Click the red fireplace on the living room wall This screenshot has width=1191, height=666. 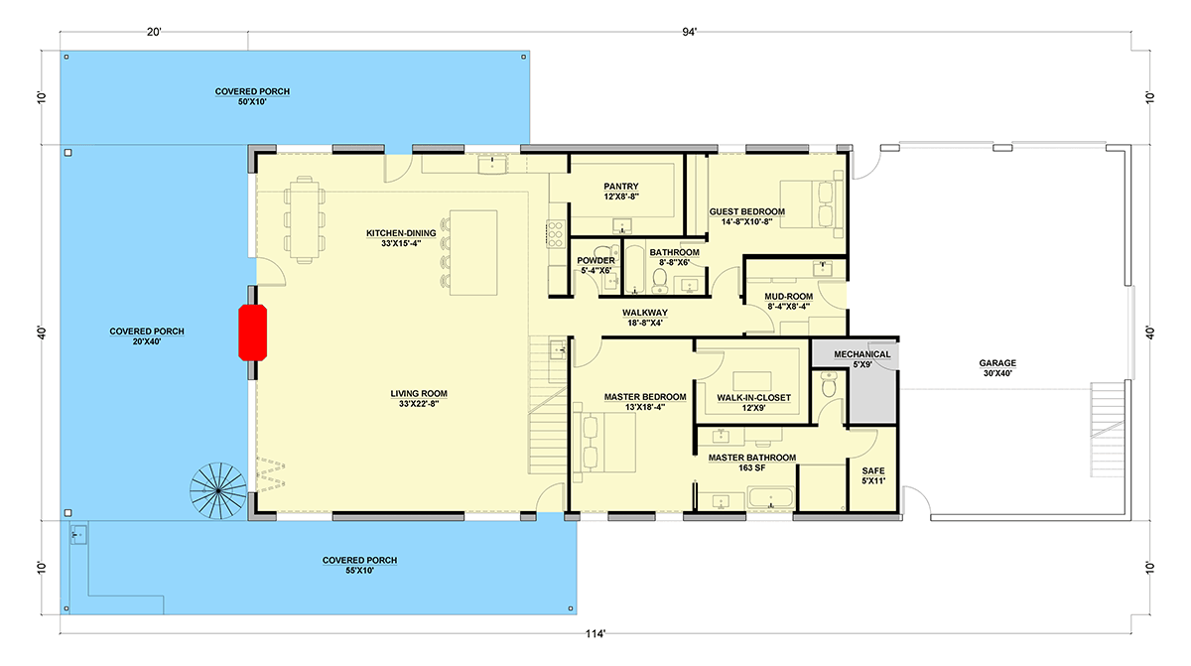252,333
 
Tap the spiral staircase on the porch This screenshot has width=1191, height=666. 218,490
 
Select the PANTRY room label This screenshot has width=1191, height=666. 621,187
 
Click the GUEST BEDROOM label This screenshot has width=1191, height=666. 747,211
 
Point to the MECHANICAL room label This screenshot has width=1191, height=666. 861,354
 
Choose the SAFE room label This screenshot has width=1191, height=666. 873,470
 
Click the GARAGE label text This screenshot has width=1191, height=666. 997,363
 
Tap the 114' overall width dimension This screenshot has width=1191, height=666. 595,633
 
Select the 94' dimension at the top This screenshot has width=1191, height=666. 689,33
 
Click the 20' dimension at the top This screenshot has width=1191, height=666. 154,33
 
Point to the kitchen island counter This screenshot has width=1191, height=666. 473,253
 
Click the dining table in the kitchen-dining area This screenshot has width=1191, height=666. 304,219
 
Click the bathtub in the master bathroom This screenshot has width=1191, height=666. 771,498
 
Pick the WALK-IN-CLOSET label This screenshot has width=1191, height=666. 753,398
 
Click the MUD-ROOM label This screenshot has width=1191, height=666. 788,297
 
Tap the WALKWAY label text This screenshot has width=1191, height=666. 645,313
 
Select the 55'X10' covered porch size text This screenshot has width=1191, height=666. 359,571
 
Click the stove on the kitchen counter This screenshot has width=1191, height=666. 555,234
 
